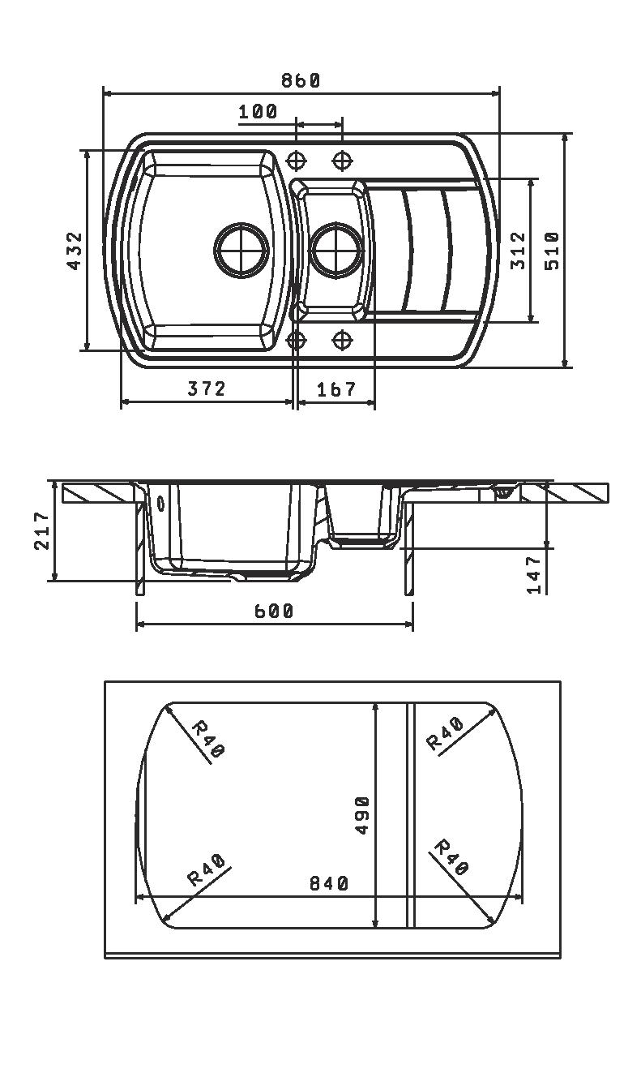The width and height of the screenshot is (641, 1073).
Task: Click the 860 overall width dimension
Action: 300,80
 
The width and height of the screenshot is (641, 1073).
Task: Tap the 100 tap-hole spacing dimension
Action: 258,112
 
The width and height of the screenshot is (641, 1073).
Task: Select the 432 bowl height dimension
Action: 75,251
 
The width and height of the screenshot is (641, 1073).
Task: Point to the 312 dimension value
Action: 518,251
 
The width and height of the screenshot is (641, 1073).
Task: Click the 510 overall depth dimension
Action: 552,251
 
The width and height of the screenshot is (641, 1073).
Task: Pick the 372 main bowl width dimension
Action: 207,388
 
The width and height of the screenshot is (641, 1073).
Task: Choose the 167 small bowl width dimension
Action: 336,389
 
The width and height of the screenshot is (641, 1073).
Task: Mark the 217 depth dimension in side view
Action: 41,530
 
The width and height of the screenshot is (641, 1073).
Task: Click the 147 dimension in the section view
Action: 534,574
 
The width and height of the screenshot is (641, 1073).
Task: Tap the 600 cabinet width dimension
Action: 273,611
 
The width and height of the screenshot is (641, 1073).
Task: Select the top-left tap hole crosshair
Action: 296,160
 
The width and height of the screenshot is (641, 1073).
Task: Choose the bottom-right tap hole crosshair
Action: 342,340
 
